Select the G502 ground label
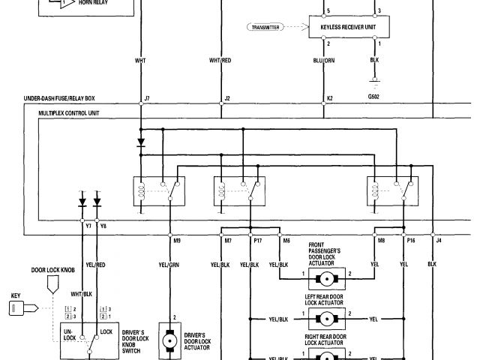click(373, 96)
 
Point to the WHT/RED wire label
click(220, 59)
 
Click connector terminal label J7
click(146, 98)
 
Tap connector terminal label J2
click(226, 98)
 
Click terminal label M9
click(177, 241)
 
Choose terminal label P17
click(257, 241)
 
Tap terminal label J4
click(439, 241)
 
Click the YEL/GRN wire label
click(169, 265)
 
